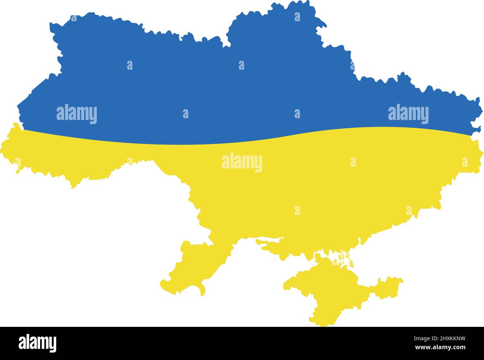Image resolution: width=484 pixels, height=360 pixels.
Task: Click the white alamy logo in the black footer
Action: click(38, 343)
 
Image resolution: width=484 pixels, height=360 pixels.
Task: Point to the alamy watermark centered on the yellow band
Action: click(242, 163)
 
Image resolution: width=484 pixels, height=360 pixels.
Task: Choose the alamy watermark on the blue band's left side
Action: click(77, 114)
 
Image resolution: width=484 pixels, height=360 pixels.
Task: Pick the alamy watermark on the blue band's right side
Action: click(408, 114)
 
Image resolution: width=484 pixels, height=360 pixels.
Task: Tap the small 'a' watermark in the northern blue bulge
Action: click(297, 17)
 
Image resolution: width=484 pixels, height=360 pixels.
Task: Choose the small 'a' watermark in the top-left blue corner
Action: click(74, 18)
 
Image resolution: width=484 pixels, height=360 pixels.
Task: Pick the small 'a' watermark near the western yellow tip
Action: click(18, 161)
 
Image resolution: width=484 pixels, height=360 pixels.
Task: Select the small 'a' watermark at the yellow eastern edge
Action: click(465, 162)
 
